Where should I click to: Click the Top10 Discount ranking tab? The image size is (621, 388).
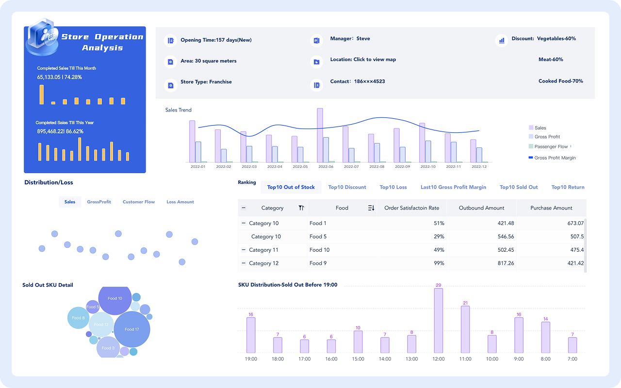coord(347,187)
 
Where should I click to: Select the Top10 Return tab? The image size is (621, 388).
coord(568,187)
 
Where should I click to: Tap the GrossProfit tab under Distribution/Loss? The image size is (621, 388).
coord(99,202)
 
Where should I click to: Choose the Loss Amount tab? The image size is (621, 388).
coord(180,202)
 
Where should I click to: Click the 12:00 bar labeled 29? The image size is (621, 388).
coord(438,320)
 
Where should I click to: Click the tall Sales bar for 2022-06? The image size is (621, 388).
coord(320,135)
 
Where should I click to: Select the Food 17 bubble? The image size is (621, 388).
coord(131,329)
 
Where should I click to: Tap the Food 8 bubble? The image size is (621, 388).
coord(78,318)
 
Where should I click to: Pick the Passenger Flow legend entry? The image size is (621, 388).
coord(551,146)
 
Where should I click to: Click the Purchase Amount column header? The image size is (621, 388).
coord(551,208)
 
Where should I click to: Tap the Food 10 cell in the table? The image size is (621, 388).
coord(319,250)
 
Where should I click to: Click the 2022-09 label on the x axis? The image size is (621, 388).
coord(402,166)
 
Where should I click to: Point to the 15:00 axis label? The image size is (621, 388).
coord(358,359)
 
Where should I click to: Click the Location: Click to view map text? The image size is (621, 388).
coord(363,60)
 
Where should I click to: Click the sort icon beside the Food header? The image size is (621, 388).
coord(371,208)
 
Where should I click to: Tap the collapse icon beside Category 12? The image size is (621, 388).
coord(243,263)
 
